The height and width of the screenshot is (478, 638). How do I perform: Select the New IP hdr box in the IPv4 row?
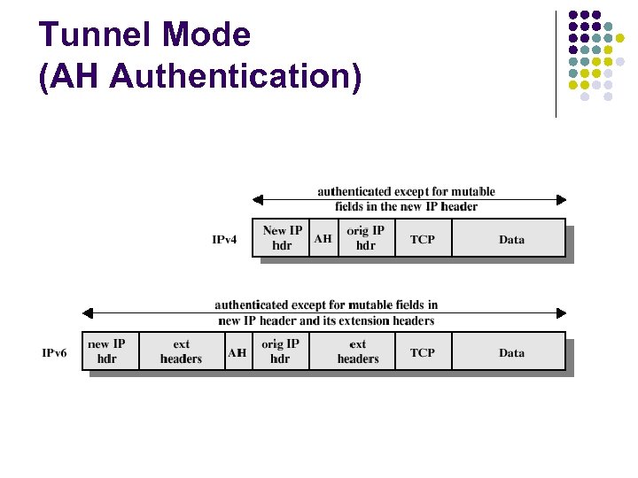282,238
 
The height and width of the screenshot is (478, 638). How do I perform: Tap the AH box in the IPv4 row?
323,238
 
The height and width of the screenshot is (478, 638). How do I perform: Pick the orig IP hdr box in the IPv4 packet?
365,238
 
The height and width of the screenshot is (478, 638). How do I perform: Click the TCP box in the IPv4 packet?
423,239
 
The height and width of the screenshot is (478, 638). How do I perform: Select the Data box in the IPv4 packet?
510,239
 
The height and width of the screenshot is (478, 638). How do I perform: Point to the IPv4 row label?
224,240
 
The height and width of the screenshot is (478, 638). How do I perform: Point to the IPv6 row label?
55,352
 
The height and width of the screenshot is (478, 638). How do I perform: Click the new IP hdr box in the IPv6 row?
107,351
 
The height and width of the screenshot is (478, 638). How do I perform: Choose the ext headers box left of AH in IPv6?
181,351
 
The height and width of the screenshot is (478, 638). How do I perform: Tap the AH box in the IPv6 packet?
237,352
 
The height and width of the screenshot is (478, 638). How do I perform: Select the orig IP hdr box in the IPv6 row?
280,351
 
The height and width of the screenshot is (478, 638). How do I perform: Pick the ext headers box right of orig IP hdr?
358,351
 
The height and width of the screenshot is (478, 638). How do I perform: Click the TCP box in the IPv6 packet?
423,352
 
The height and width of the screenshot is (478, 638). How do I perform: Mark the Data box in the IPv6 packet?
510,352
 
